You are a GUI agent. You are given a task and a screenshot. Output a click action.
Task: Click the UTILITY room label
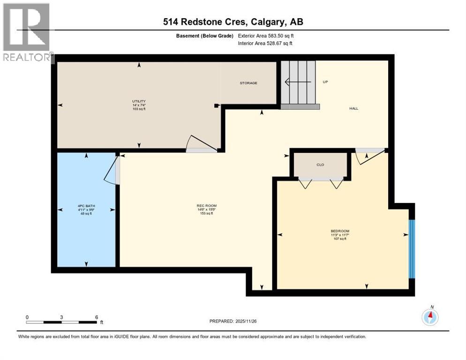pyautogui.click(x=139, y=101)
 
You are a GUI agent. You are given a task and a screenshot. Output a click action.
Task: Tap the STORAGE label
pyautogui.click(x=248, y=83)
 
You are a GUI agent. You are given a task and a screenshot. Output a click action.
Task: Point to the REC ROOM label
pyautogui.click(x=206, y=206)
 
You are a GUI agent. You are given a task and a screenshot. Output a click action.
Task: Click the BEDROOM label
pyautogui.click(x=340, y=231)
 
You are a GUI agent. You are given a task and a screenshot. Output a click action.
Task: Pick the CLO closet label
pyautogui.click(x=320, y=165)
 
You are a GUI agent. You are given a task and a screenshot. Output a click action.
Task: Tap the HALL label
pyautogui.click(x=353, y=108)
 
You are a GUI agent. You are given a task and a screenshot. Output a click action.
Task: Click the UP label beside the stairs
pyautogui.click(x=325, y=82)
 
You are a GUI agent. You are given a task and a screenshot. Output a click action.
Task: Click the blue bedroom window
pyautogui.click(x=412, y=248)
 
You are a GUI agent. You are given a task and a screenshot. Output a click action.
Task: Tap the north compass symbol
pyautogui.click(x=430, y=317)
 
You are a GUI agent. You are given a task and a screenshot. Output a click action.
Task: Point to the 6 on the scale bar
pyautogui.click(x=96, y=317)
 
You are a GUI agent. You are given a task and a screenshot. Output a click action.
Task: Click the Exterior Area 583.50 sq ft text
pyautogui.click(x=266, y=36)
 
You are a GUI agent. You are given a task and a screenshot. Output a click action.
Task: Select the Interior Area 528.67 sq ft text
pyautogui.click(x=265, y=44)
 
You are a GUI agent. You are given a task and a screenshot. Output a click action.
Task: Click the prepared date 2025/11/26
pyautogui.click(x=250, y=321)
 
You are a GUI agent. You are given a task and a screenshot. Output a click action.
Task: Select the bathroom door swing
pyautogui.click(x=112, y=169)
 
